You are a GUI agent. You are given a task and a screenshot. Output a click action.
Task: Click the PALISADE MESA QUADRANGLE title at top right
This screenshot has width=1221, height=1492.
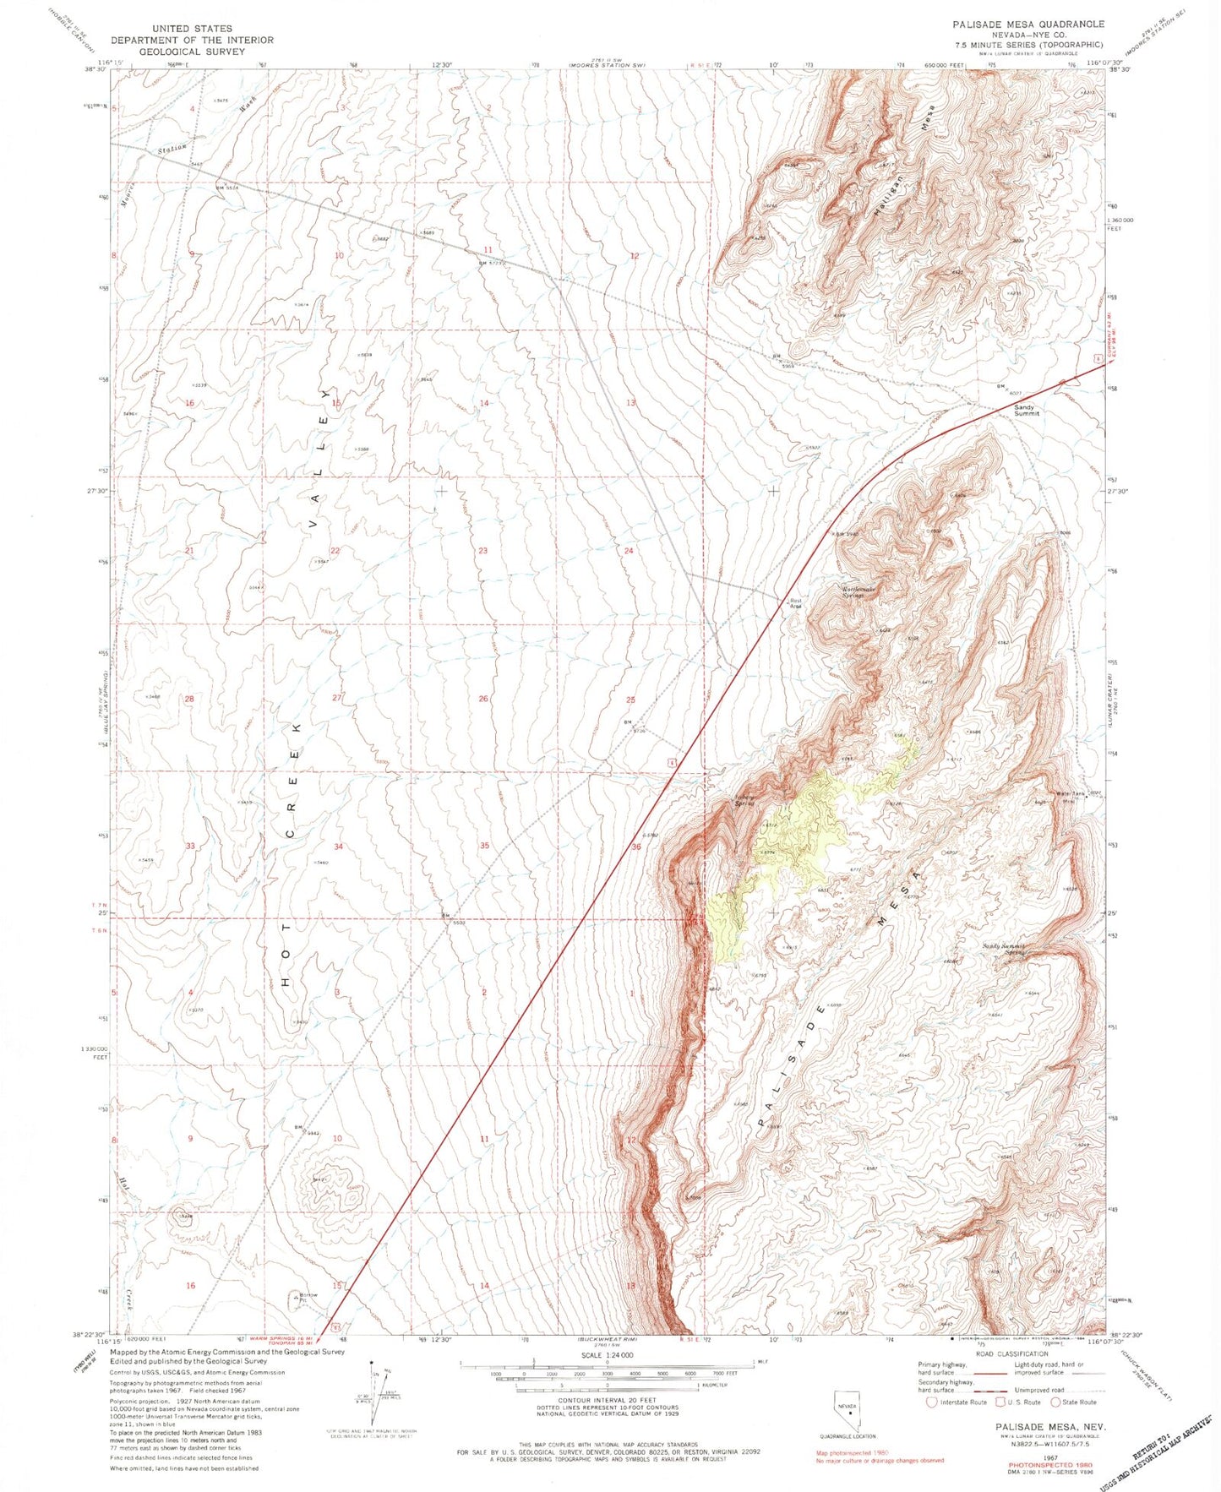[1027, 25]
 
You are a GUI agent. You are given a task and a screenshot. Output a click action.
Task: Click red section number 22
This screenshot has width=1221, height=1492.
[335, 551]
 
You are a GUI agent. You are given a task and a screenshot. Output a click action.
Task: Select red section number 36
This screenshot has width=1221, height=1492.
[635, 847]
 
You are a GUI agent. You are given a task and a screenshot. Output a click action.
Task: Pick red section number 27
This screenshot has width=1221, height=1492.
[336, 698]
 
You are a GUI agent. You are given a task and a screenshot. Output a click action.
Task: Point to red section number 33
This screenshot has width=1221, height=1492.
[190, 846]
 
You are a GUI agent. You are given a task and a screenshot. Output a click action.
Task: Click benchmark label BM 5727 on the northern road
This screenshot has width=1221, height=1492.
[492, 263]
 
